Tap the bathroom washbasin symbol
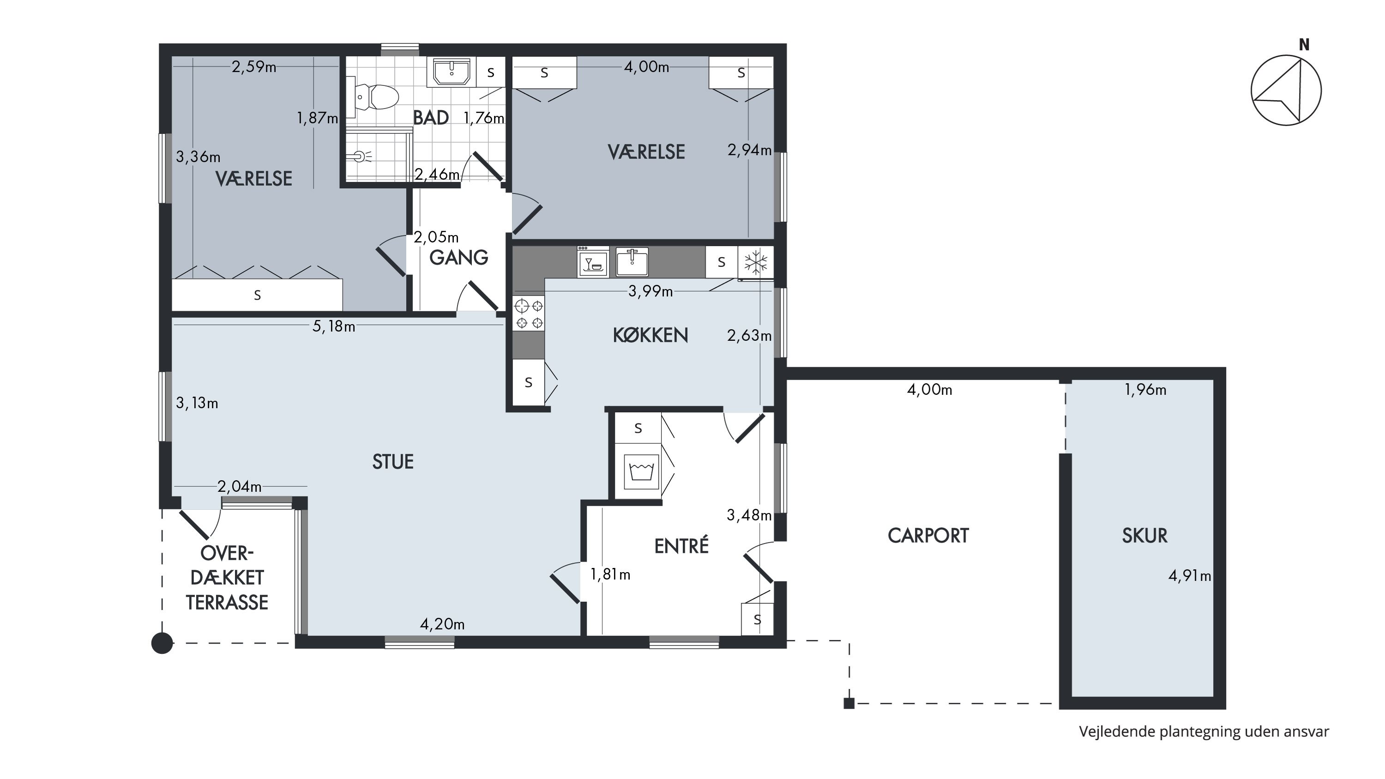452,72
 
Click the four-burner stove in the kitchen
529,314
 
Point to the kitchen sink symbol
632,262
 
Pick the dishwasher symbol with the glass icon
593,262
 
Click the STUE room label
393,462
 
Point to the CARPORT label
928,536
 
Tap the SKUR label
1144,536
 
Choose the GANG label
458,258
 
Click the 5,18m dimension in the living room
334,326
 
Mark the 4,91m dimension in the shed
1190,576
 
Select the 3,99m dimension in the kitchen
650,291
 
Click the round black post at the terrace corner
163,643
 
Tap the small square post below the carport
849,703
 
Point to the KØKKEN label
650,335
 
